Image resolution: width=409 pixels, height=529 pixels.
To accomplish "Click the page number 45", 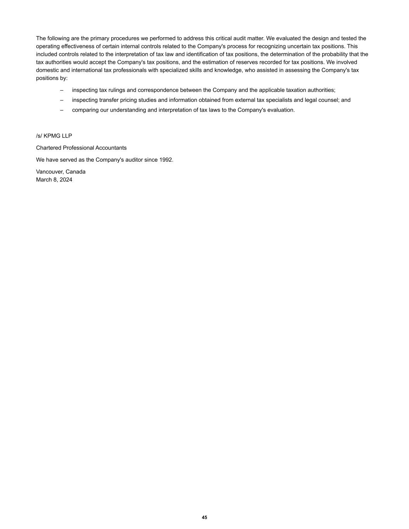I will [204, 517].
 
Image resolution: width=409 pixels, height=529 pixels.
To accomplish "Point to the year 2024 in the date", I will [66, 180].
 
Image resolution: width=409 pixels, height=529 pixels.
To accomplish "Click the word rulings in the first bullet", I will [117, 90].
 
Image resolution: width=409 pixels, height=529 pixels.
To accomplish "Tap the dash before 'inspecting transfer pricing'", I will [62, 100].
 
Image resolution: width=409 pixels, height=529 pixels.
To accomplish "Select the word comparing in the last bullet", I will [85, 110].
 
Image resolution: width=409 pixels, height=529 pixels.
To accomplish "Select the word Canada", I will [76, 172].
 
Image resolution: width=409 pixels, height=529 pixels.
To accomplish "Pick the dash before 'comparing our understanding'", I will [62, 110].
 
